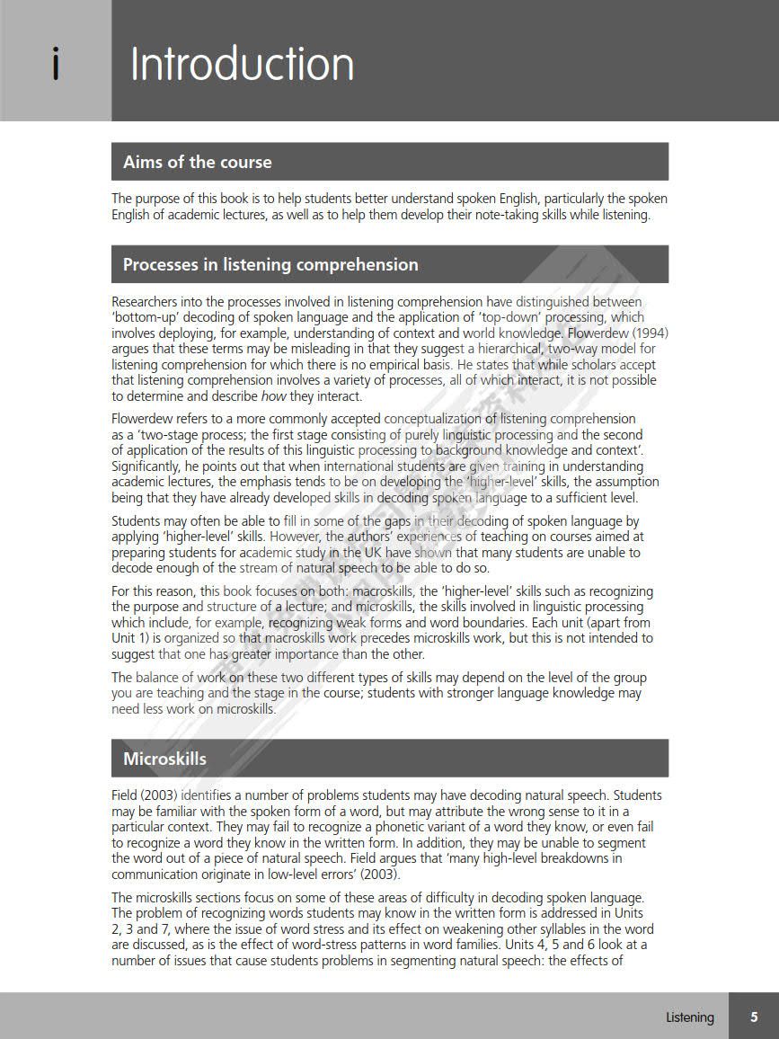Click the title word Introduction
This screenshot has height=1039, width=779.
[x=242, y=65]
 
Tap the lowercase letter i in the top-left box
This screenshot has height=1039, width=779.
[x=56, y=65]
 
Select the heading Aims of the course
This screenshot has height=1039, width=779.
[x=197, y=162]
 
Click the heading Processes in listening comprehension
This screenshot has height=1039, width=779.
[x=270, y=264]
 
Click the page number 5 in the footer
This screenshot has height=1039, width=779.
[x=754, y=1017]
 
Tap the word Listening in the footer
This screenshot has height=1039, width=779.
[x=690, y=1017]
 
